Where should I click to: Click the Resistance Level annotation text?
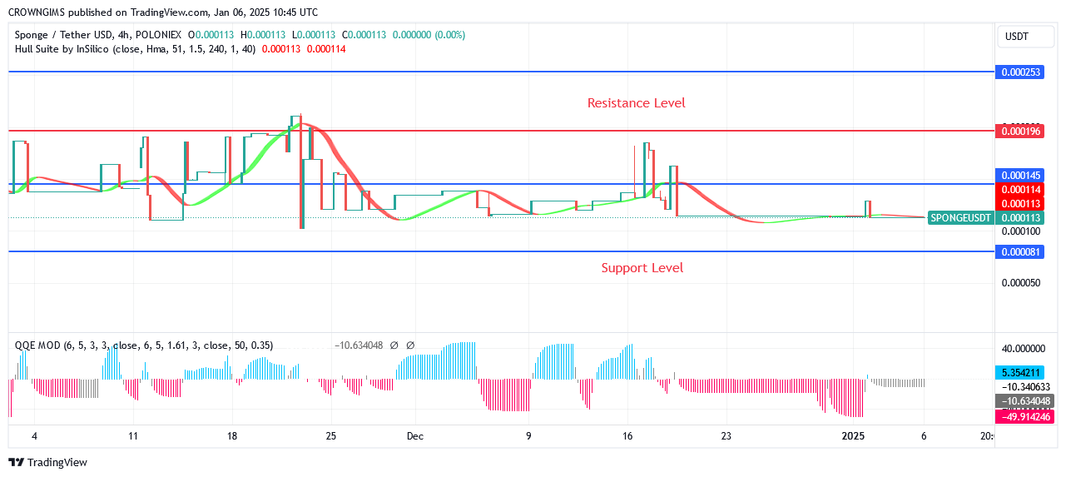(x=636, y=103)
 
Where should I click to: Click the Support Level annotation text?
(x=642, y=268)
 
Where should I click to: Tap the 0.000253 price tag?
(x=1019, y=72)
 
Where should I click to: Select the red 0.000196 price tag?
(x=1019, y=132)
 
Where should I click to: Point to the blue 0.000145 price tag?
(x=1019, y=176)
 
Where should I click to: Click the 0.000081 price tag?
(x=1019, y=252)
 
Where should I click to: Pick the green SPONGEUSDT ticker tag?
(x=960, y=218)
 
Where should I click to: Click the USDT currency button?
(x=1017, y=37)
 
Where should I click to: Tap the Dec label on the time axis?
(x=415, y=436)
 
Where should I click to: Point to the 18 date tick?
(x=232, y=436)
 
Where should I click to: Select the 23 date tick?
(x=726, y=436)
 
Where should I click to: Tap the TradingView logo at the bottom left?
(x=47, y=463)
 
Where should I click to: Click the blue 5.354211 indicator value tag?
(x=1019, y=373)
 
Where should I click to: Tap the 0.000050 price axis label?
(x=1019, y=283)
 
